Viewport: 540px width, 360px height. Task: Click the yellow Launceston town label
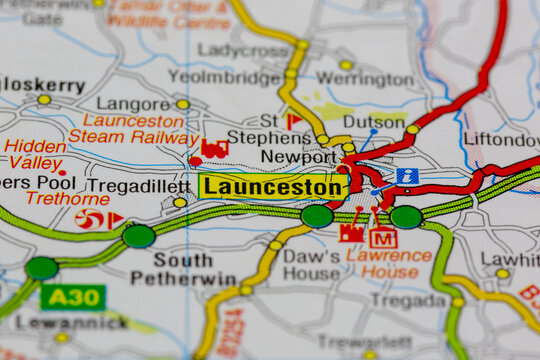pos(273,187)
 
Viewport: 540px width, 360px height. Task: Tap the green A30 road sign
pos(72,297)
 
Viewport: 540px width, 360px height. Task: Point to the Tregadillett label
pos(137,186)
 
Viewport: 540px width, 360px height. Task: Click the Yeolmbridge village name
pos(224,77)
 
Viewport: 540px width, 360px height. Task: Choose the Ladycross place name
pos(243,49)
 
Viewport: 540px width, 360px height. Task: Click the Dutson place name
pos(374,122)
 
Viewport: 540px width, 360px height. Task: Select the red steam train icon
pos(214,149)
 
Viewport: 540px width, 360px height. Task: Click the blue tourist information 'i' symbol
pos(407,176)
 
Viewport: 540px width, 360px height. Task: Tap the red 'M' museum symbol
pos(383,237)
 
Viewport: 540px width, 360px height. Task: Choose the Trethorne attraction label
pos(67,198)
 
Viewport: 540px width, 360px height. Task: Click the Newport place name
pos(298,157)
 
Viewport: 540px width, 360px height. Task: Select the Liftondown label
pos(502,138)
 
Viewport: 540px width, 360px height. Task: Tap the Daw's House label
pos(311,264)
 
